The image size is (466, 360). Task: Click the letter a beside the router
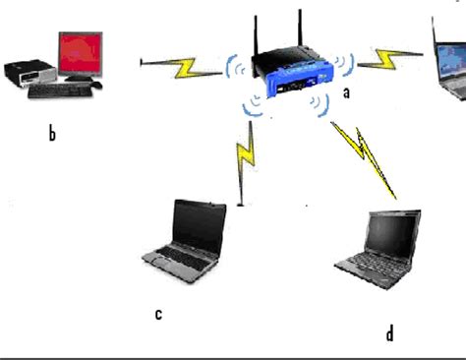coord(346,92)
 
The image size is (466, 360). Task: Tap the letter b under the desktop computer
coord(51,134)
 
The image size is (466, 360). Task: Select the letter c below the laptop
coord(157,314)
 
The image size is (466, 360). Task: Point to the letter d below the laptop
coord(389,333)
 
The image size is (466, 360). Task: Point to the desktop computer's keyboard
coord(59,90)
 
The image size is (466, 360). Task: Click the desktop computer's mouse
coord(96,86)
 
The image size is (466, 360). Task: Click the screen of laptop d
coord(393,232)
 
